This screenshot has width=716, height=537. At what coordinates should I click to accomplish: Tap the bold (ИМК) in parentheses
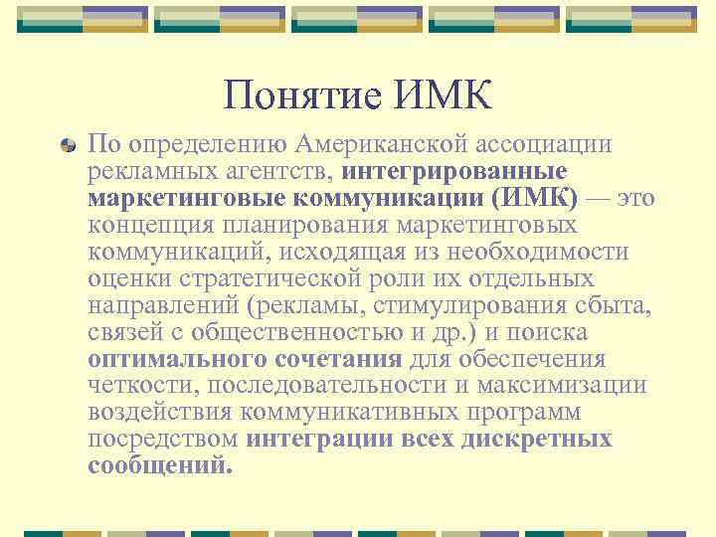point(527,198)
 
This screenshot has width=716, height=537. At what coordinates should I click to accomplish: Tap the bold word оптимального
point(171,359)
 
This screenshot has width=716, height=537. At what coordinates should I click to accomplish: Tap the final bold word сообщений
point(160,466)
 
